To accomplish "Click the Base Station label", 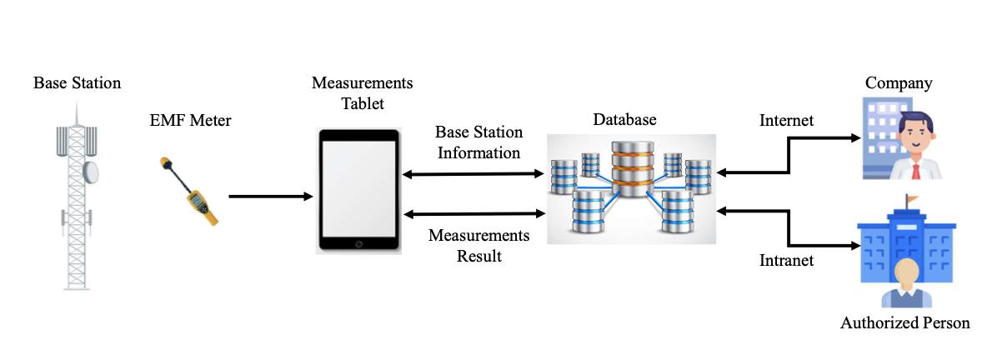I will point(77,83).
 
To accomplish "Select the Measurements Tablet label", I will point(362,93).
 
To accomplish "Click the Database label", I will point(624,120).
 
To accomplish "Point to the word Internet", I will point(786,121).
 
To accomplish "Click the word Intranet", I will point(786,260).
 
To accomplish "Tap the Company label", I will point(898,83).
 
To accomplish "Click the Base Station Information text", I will point(479,142).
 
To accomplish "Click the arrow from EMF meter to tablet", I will point(271,197).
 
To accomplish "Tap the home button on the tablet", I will point(359,244).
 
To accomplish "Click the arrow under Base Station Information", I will point(473,174).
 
